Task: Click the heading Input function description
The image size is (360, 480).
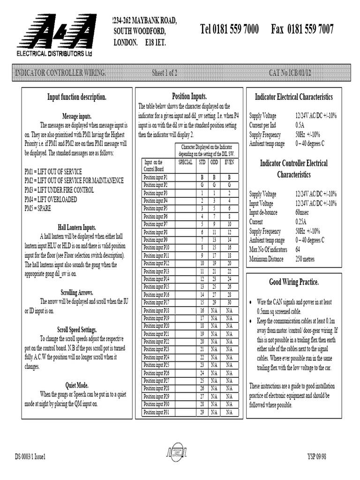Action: point(77,97)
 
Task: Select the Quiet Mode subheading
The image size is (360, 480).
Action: point(77,385)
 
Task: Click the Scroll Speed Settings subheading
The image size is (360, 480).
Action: point(77,330)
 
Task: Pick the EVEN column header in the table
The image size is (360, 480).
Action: point(229,162)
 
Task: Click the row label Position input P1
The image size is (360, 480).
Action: point(156,178)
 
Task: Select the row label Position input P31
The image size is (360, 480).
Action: point(157,412)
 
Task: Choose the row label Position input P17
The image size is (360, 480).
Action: point(157,302)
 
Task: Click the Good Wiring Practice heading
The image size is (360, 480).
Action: point(294,282)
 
